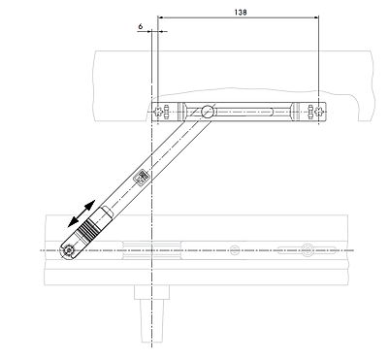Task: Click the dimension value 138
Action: pos(241,13)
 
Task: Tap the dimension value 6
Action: pos(140,26)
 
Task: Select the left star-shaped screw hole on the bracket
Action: pos(157,112)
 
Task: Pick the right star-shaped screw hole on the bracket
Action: pos(319,112)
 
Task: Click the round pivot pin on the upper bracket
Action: pos(208,112)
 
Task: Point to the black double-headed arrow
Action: pos(81,213)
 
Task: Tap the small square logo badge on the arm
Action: pos(142,177)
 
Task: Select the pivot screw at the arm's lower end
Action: pos(68,250)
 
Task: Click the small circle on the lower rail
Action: pos(235,250)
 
